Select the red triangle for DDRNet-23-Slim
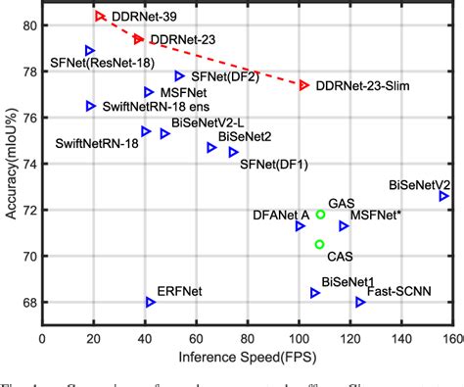(304, 86)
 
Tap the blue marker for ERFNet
(150, 302)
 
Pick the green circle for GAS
(320, 214)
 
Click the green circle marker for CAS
(319, 244)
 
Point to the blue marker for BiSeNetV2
(443, 196)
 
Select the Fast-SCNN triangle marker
(360, 302)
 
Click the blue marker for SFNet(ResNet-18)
(90, 50)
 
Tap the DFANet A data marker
(300, 226)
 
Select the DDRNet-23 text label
(178, 39)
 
